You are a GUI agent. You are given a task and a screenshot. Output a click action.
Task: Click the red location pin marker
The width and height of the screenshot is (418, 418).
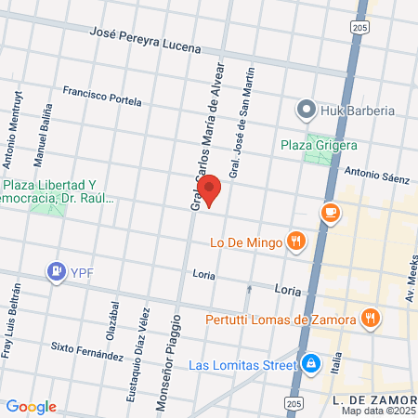[210, 189]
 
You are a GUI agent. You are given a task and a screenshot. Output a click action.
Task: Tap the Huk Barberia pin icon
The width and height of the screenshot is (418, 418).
[307, 111]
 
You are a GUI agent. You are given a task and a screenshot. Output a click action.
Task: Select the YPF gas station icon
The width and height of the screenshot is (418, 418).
[56, 272]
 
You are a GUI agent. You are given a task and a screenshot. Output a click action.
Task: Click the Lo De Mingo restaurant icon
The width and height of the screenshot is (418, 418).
[295, 242]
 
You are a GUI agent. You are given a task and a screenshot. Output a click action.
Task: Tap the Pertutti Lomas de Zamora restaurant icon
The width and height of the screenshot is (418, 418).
[371, 319]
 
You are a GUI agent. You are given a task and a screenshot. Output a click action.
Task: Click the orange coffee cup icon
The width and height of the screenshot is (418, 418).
[330, 214]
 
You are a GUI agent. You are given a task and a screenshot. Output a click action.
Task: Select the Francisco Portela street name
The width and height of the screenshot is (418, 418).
[102, 96]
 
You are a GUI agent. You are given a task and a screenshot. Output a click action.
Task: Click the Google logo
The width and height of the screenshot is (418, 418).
[31, 407]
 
